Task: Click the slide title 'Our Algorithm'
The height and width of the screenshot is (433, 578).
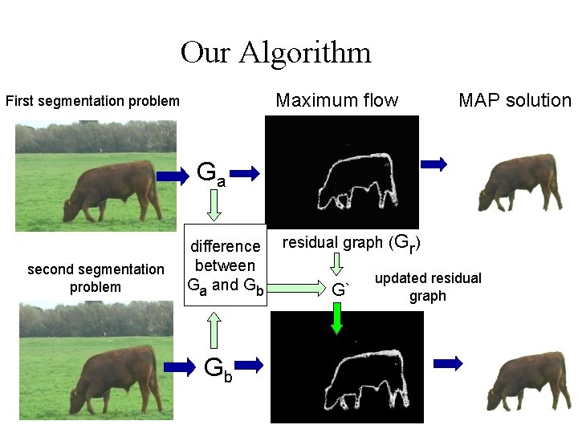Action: [x=275, y=53]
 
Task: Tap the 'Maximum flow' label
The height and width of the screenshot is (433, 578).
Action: [x=336, y=100]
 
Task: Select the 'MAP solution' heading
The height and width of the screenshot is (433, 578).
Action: [x=515, y=100]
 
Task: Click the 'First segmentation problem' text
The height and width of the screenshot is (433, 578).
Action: [x=92, y=102]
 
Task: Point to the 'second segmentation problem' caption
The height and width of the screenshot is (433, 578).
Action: [x=96, y=278]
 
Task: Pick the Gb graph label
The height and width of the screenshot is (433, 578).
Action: [x=218, y=368]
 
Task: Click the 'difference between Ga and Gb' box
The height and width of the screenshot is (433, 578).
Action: [x=225, y=265]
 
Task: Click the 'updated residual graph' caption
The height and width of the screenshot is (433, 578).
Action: [x=428, y=287]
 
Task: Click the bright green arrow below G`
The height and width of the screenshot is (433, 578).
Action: [x=337, y=318]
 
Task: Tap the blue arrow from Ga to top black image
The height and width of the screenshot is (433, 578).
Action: [x=249, y=172]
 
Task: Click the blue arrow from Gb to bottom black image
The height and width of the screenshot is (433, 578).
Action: [x=250, y=365]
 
